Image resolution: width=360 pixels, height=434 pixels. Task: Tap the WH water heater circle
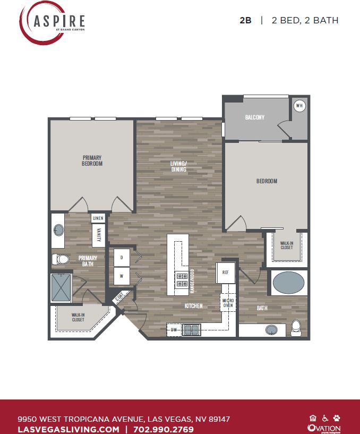pos(299,106)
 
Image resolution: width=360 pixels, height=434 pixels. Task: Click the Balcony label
pos(255,117)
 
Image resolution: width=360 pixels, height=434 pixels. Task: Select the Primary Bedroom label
pos(92,160)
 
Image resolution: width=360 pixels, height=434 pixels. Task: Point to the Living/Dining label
pos(178,166)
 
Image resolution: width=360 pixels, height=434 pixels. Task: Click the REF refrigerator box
pos(225,272)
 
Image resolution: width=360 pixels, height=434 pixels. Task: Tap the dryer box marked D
pos(122,258)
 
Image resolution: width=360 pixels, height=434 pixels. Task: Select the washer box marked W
pos(122,276)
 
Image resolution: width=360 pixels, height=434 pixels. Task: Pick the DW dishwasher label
pos(174,330)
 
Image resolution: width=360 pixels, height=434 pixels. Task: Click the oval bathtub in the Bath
pos(289,283)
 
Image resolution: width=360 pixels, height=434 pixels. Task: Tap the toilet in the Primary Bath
pos(61,259)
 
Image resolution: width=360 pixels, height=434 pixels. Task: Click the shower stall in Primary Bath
pos(62,287)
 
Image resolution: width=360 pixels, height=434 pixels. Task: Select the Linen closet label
pos(98,218)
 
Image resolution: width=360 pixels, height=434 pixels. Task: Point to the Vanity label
pos(98,235)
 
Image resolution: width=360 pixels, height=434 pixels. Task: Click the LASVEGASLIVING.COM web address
pos(68,429)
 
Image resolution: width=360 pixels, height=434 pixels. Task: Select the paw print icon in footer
pos(336,418)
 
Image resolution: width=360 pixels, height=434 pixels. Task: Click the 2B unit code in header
pos(245,21)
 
